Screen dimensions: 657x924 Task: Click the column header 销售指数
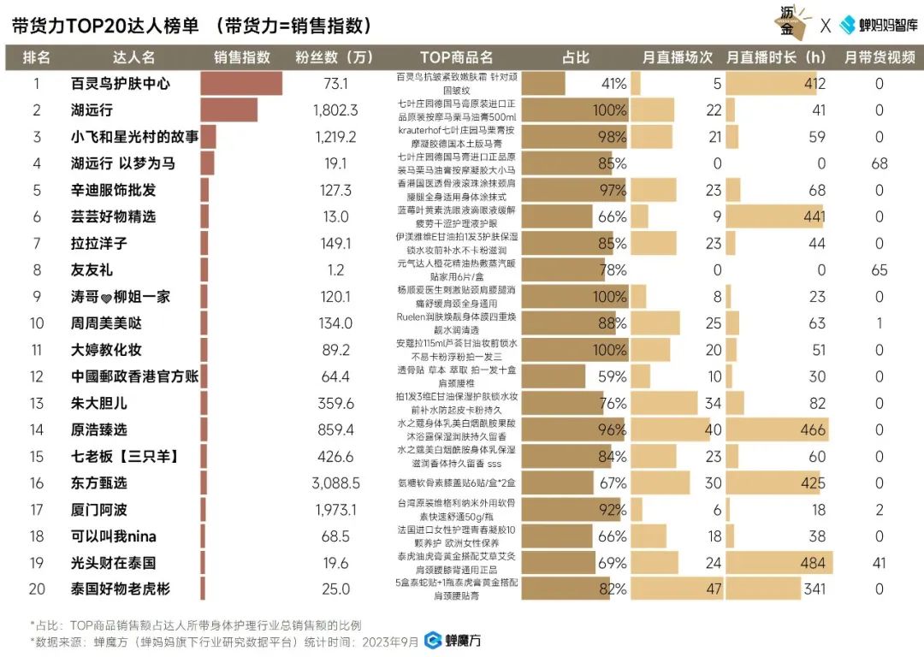242,57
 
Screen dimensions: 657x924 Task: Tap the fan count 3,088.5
335,482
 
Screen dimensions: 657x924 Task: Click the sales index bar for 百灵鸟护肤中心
241,83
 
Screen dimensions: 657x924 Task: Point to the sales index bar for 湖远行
228,110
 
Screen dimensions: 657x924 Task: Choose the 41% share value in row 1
613,84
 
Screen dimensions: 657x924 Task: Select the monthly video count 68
879,163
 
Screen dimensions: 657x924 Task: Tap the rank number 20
36,589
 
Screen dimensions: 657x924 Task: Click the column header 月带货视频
879,57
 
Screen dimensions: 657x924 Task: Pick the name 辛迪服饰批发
113,190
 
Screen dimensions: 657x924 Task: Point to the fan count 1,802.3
335,110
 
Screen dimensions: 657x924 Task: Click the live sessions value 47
713,589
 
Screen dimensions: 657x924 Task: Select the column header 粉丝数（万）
335,57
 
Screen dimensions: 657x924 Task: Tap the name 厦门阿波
99,510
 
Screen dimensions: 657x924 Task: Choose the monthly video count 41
879,563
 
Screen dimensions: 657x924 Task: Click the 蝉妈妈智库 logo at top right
878,25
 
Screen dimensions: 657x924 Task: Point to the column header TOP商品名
457,57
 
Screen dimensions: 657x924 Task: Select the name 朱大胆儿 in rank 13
99,403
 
